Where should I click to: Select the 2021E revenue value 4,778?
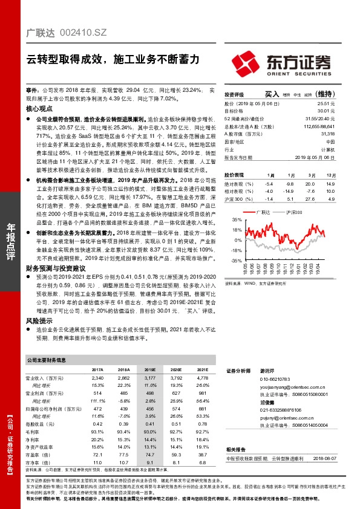pos(201,377)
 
